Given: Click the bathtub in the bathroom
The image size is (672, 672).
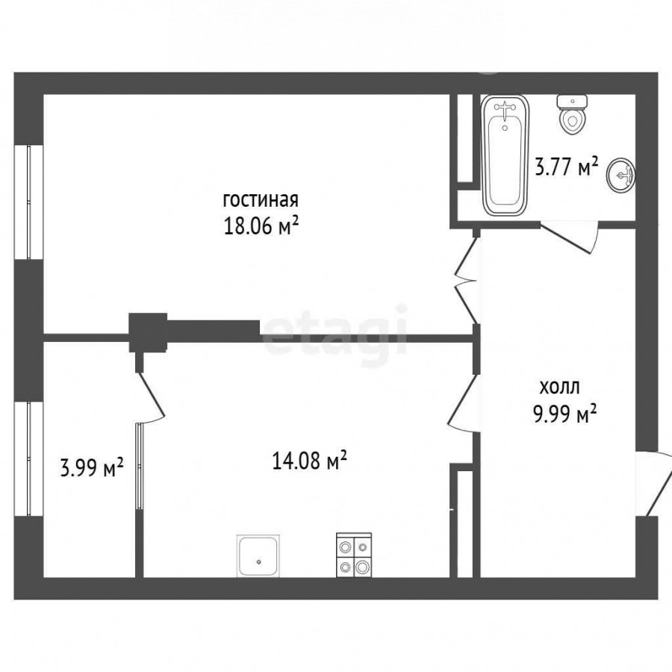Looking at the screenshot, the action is [x=505, y=155].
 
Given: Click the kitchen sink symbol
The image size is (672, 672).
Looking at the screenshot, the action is [x=259, y=556].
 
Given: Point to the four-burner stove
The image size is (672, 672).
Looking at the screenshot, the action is [x=354, y=555].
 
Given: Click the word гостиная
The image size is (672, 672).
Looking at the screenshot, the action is [x=260, y=200].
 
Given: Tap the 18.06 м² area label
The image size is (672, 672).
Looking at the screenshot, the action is [x=261, y=225].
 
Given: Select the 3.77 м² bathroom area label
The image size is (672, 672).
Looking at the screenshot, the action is [x=566, y=167].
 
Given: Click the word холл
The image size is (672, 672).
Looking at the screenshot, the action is [x=559, y=388].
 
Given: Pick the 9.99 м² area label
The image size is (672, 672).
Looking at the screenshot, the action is [x=564, y=414].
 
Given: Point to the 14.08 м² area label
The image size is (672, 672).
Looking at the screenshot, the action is [x=309, y=461].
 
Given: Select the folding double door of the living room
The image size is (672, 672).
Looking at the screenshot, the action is [x=466, y=281].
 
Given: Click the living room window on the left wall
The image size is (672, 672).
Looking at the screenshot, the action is [x=28, y=202].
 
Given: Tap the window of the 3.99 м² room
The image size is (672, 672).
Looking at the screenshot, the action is [x=28, y=458].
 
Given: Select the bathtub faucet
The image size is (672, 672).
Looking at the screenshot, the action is [x=505, y=109].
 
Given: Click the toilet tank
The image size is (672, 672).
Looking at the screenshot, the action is [x=572, y=102].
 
